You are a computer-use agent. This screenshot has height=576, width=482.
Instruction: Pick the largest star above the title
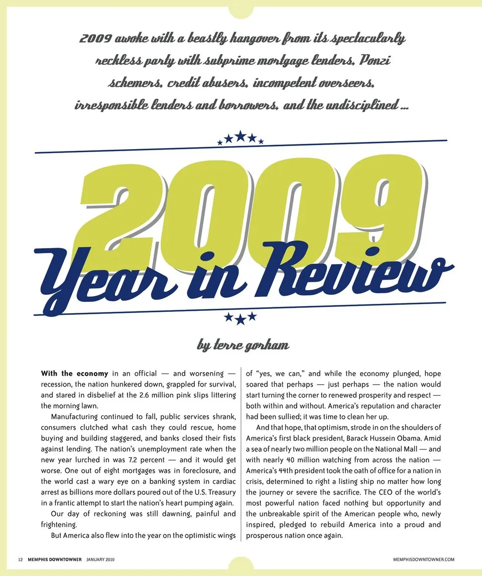pos(240,136)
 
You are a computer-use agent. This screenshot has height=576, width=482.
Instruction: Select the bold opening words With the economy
pos(74,374)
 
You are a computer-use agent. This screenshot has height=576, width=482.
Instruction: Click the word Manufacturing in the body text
pos(75,416)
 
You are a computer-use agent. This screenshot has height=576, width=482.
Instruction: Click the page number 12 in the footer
pos(20,559)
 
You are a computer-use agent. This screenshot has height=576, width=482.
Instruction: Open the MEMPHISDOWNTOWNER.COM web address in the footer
pos(424,559)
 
